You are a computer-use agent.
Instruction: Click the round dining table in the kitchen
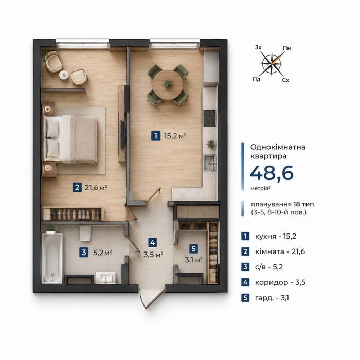(168, 85)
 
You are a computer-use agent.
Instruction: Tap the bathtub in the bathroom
(52, 258)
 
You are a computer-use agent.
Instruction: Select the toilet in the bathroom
(85, 233)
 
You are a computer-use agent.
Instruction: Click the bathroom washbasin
(105, 278)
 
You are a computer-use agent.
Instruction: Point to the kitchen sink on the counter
(210, 163)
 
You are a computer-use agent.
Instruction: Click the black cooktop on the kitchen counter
(210, 118)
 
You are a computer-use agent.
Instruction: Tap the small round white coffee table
(64, 75)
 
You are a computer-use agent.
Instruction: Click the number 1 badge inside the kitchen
(156, 135)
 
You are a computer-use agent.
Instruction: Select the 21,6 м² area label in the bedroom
(96, 188)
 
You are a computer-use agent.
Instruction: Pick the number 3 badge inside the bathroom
(84, 253)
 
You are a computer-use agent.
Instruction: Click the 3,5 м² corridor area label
(153, 255)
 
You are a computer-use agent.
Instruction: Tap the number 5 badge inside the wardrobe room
(193, 248)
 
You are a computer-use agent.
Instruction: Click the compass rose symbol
(272, 64)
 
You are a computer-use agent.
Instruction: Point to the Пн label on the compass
(287, 48)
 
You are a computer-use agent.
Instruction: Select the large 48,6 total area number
(272, 173)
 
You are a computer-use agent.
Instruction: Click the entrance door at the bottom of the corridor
(154, 299)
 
